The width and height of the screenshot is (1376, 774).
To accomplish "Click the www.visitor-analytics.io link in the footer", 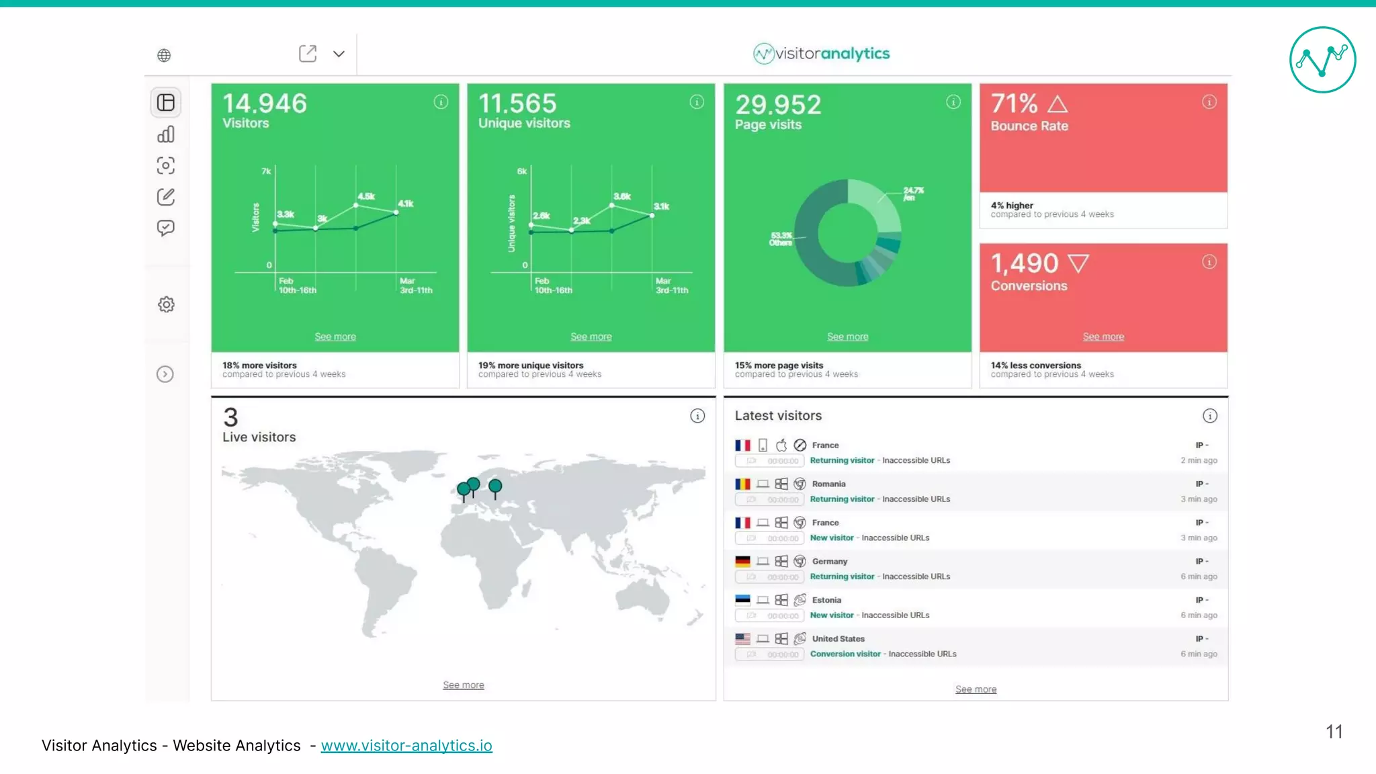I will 406,746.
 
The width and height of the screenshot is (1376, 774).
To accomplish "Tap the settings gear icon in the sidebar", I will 166,304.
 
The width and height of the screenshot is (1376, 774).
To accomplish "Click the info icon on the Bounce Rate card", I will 1209,102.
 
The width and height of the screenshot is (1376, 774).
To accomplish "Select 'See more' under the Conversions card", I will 1103,337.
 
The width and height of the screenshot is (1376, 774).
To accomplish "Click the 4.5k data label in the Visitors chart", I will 366,196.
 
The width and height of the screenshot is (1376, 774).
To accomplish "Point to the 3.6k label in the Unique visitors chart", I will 622,196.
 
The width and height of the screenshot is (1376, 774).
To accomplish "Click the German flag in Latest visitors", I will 742,562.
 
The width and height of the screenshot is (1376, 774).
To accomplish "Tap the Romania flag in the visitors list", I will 742,484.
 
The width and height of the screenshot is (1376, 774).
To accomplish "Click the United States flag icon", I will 742,639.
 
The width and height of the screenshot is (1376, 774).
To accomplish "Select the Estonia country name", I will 826,600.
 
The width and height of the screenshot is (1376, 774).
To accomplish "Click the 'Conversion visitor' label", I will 845,654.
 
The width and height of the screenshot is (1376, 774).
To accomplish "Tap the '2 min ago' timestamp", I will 1199,460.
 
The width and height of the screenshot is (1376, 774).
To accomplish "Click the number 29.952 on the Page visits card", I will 778,105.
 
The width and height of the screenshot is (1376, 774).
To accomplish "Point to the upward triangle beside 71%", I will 1058,104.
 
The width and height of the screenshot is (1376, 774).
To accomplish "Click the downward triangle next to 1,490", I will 1078,263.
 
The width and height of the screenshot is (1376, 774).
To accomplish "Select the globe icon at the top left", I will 164,55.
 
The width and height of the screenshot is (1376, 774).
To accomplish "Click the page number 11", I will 1334,732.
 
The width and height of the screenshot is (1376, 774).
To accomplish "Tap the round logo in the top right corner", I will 1322,60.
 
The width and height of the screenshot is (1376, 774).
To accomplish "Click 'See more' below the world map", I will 464,685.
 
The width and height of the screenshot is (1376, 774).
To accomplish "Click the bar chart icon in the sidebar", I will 166,134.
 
